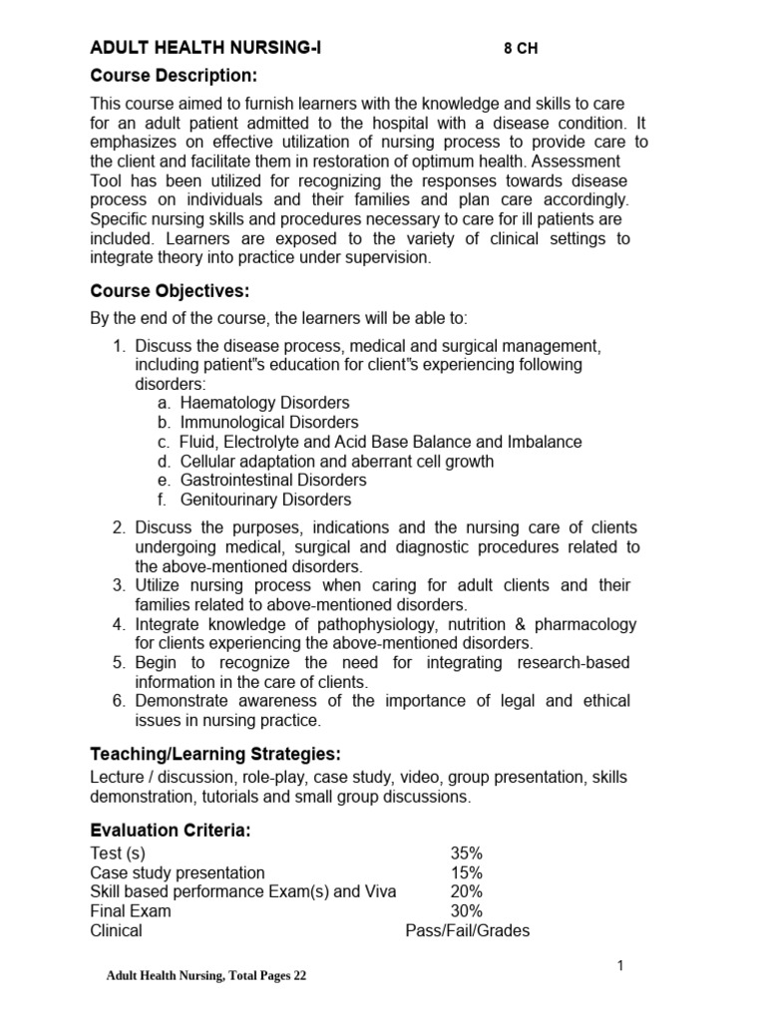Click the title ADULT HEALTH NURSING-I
(x=206, y=48)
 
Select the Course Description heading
(x=175, y=76)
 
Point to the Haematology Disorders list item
(x=264, y=403)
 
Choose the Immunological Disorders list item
(x=269, y=423)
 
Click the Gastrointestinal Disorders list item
(x=273, y=481)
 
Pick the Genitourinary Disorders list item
(x=265, y=500)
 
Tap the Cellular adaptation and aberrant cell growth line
(x=337, y=462)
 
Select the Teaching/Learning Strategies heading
(x=222, y=753)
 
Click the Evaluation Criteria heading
(x=171, y=831)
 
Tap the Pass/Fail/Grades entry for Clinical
(x=467, y=931)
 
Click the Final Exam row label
(x=131, y=911)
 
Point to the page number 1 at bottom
(x=619, y=965)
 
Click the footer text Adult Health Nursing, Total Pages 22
(x=206, y=976)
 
